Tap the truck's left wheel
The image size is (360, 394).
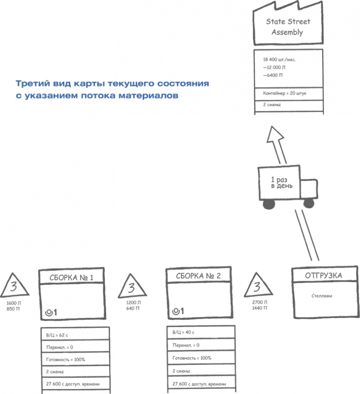pyautogui.click(x=269, y=205)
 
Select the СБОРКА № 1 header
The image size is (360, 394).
pyautogui.click(x=73, y=277)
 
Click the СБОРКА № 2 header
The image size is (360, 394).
pyautogui.click(x=199, y=276)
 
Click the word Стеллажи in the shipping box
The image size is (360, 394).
pyautogui.click(x=321, y=296)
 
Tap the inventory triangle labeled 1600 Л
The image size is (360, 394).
pyautogui.click(x=13, y=287)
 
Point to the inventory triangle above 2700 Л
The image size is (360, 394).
pyautogui.click(x=257, y=287)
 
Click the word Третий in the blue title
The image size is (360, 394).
pyautogui.click(x=30, y=84)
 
